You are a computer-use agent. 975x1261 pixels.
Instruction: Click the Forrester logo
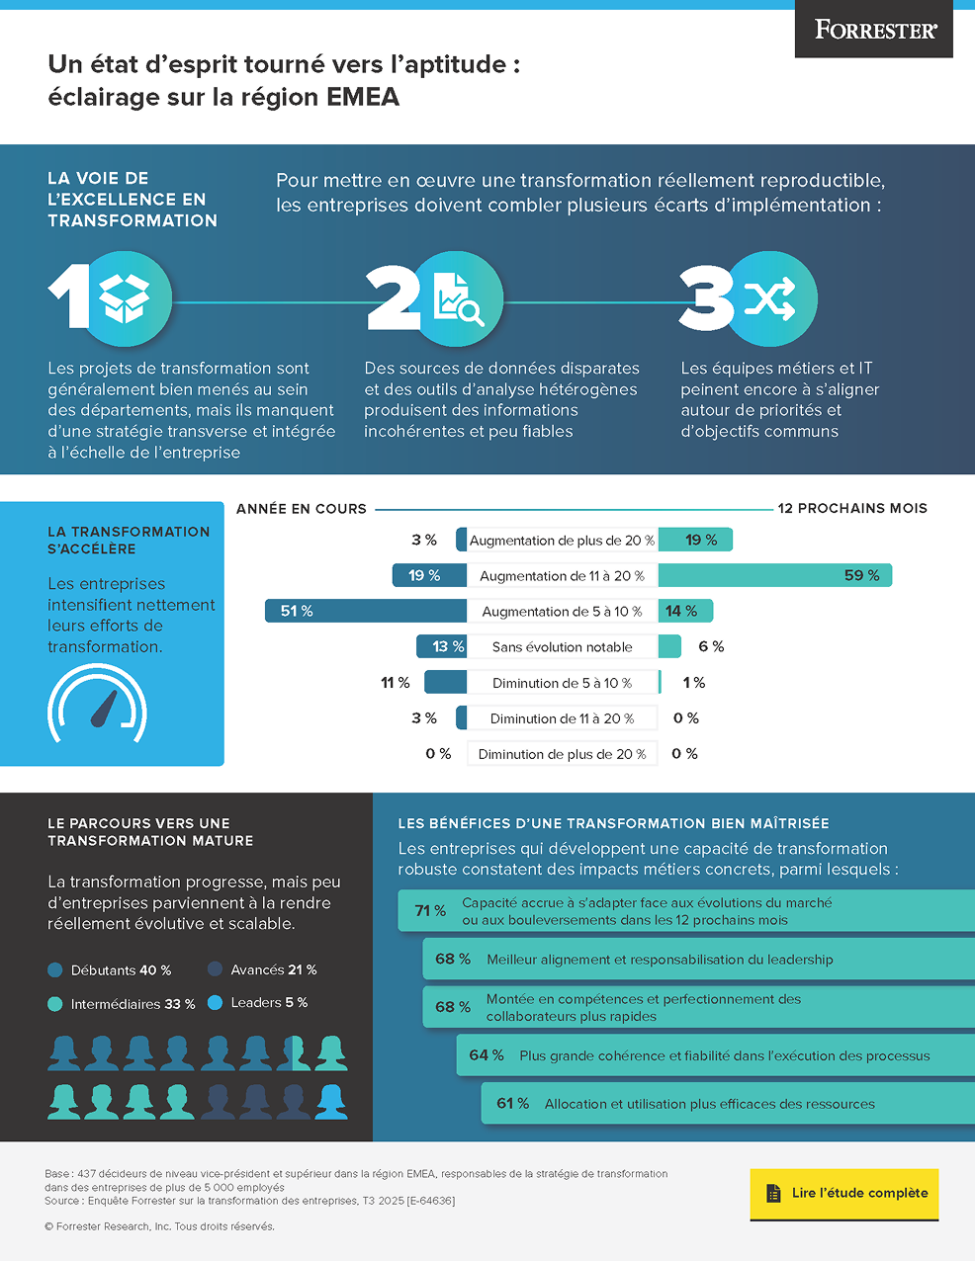tap(875, 30)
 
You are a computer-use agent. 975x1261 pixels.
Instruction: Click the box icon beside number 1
tap(126, 298)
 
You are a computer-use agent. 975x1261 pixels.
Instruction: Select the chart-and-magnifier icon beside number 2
tap(458, 298)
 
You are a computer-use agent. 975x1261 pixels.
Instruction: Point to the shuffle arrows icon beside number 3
tap(770, 298)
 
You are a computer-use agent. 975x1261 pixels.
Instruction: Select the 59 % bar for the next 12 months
tap(774, 575)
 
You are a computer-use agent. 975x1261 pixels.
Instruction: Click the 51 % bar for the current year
tap(365, 611)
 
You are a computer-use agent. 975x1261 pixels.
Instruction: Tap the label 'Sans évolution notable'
tap(562, 647)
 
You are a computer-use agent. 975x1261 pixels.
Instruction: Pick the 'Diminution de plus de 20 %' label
tap(562, 754)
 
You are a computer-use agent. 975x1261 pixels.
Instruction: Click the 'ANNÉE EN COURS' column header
tap(302, 509)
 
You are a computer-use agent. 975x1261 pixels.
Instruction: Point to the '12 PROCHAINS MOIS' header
tap(852, 509)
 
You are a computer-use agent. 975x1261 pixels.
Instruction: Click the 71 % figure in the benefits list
tap(430, 911)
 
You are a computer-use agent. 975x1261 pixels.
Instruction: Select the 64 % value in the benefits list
tap(487, 1055)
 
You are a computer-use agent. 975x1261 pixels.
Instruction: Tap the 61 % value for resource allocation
tap(512, 1104)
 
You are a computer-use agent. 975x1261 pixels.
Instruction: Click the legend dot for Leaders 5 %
tap(215, 1003)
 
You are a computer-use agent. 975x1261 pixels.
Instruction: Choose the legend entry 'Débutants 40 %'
tap(110, 970)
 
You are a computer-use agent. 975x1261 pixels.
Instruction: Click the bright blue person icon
tap(330, 1101)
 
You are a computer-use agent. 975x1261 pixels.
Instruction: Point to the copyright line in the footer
tap(159, 1226)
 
